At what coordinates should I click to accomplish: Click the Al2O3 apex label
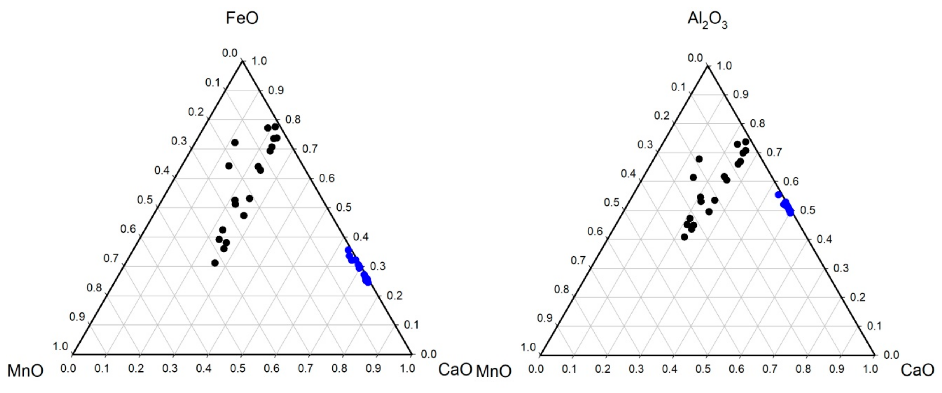707,20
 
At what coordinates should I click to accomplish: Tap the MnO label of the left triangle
25,371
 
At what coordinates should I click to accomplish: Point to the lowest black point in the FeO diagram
215,263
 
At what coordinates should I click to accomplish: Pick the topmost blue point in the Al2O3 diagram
779,195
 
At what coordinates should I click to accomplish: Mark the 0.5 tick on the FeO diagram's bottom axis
237,368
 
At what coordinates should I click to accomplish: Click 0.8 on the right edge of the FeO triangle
293,120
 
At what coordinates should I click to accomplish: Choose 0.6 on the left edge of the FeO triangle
128,229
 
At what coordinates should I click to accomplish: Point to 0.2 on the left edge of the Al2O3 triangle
661,116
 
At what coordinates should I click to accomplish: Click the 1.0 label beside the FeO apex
259,61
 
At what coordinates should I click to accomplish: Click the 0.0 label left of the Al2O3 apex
695,58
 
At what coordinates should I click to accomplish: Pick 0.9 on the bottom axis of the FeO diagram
373,368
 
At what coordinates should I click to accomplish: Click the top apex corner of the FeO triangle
242,61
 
